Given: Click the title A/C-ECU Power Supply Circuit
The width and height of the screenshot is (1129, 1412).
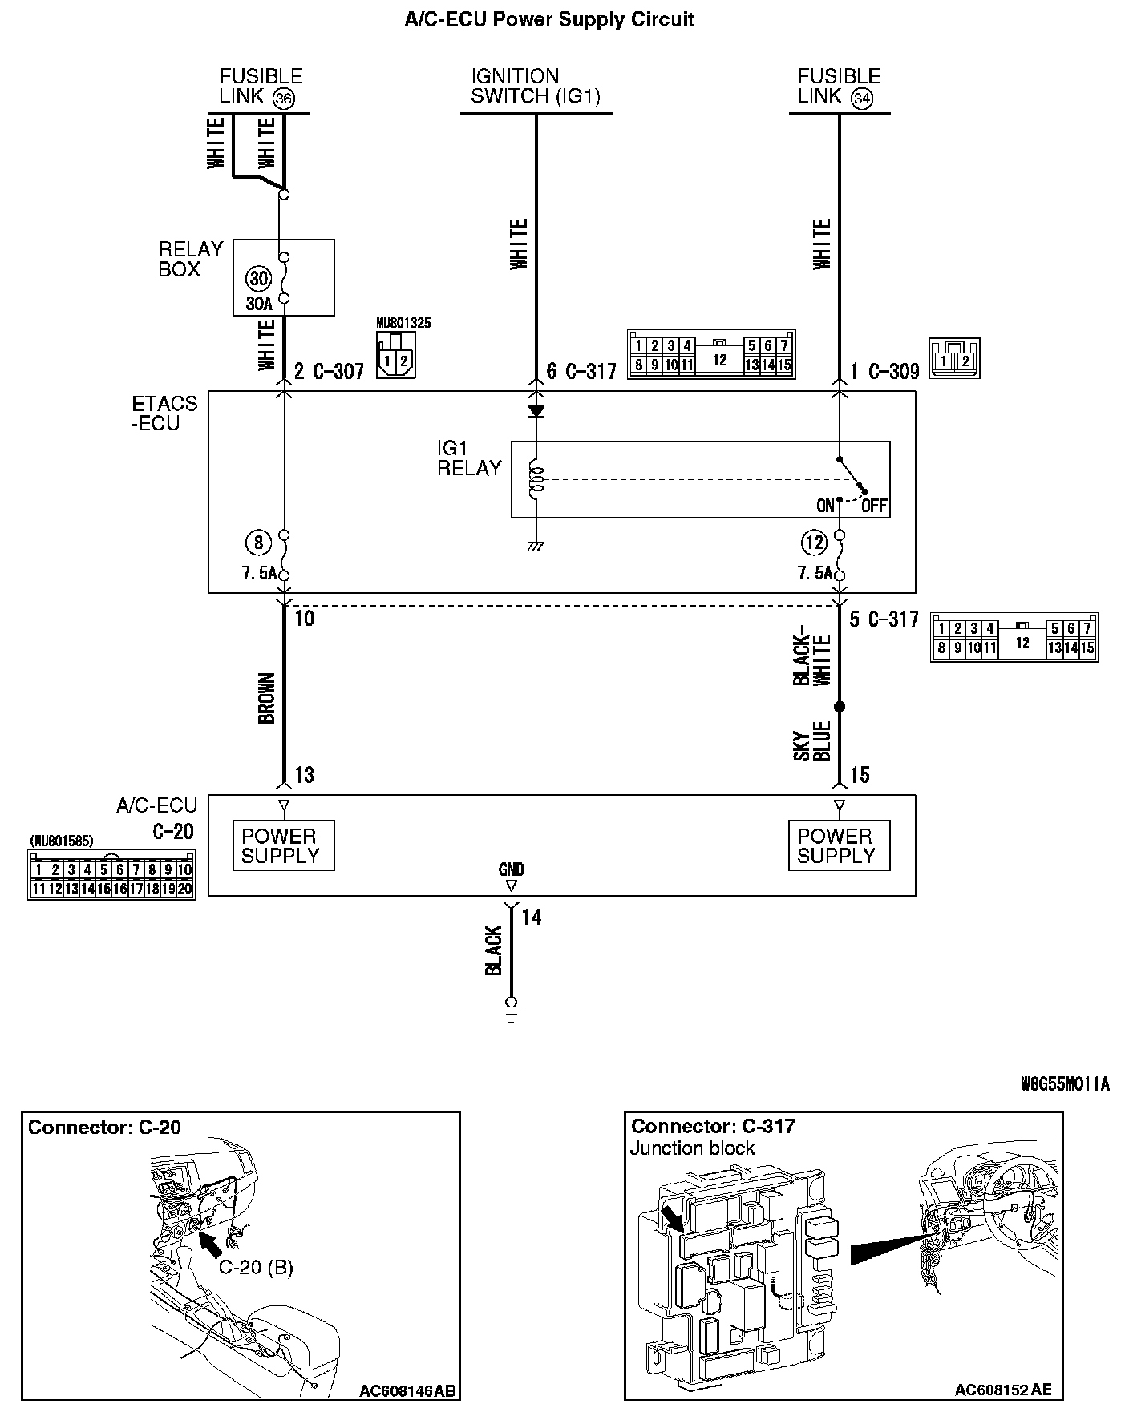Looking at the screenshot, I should click(548, 20).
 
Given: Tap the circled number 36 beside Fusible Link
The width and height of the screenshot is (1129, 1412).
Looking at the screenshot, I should click(283, 99).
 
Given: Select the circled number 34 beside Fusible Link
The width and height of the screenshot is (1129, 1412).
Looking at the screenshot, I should click(862, 99).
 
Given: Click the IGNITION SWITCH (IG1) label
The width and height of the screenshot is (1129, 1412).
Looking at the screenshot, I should click(536, 87).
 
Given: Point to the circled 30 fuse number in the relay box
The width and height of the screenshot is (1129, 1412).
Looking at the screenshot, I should click(258, 279).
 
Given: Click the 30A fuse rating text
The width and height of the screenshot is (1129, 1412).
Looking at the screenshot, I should click(259, 304).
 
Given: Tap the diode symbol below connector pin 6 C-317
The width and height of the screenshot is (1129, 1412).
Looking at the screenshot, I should click(536, 411).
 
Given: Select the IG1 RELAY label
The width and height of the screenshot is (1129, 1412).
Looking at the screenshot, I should click(469, 458).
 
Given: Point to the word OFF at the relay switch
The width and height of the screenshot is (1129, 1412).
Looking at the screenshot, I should click(873, 506).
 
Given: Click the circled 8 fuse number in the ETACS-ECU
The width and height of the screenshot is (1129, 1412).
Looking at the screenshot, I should click(258, 543).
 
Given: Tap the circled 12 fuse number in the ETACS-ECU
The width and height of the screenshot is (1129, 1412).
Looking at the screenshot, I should click(814, 543).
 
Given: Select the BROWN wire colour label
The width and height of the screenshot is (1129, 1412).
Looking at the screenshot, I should click(267, 698).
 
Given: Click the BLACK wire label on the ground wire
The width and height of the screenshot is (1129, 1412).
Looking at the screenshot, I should click(494, 951).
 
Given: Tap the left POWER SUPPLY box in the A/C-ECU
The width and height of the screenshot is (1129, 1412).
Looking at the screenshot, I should click(281, 845).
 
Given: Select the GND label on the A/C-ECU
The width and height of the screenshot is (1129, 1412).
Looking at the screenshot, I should click(511, 869).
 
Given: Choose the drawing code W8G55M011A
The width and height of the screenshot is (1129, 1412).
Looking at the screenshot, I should click(1065, 1084).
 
